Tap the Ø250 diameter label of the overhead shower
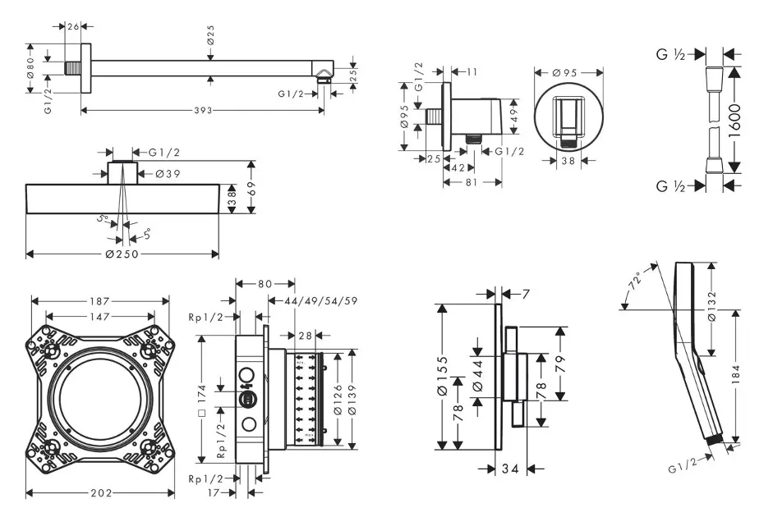tap(121, 254)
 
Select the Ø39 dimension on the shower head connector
tap(168, 172)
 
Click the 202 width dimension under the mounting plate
tap(100, 493)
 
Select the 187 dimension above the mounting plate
tap(100, 301)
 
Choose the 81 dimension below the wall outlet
tap(471, 182)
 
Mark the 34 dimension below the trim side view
tap(509, 469)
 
